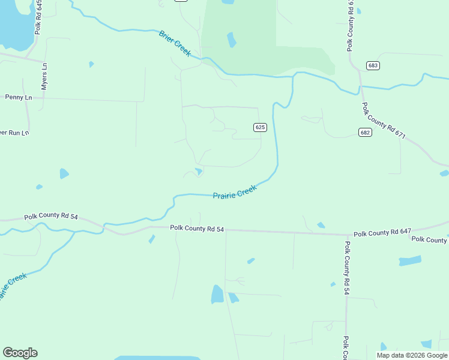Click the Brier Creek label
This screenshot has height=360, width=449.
[x=175, y=44]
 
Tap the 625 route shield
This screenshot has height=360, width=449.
[x=260, y=127]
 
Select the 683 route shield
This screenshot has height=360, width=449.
[x=373, y=65]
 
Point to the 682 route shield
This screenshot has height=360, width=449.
[x=366, y=132]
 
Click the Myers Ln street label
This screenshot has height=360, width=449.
[x=44, y=79]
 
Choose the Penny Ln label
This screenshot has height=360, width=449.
[x=18, y=97]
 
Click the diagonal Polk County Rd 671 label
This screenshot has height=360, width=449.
[x=384, y=121]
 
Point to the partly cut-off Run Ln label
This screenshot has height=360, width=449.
[x=14, y=133]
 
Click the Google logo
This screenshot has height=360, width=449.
[x=20, y=352]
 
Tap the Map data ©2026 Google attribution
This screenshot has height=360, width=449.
[x=412, y=355]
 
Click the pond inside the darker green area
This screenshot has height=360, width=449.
[x=231, y=40]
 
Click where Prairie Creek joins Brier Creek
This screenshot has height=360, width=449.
[x=294, y=76]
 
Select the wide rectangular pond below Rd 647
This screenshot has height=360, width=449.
[x=410, y=261]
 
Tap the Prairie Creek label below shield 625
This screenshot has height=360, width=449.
[x=235, y=193]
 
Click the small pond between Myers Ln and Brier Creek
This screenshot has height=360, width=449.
[x=91, y=64]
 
